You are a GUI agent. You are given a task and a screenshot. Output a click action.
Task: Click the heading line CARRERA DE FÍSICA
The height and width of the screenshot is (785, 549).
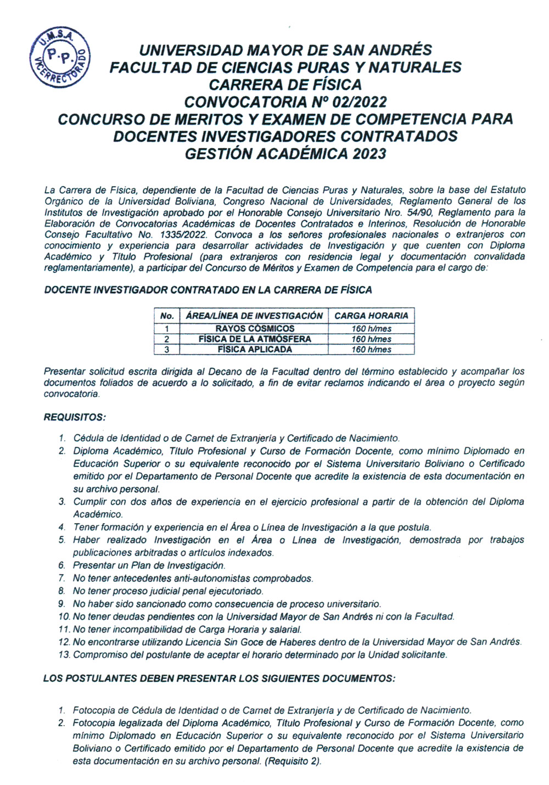click(285, 85)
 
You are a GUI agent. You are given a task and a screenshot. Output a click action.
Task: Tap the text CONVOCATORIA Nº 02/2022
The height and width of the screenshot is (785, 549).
click(285, 102)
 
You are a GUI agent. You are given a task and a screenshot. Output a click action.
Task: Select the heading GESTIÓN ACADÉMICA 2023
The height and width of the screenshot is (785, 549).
click(285, 153)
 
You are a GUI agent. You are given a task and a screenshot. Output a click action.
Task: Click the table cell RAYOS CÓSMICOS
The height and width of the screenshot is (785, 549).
click(255, 328)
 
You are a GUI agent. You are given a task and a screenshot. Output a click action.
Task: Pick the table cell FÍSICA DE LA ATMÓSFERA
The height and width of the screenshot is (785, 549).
click(255, 339)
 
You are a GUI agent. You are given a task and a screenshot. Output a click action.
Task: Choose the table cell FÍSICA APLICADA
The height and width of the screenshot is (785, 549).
click(255, 349)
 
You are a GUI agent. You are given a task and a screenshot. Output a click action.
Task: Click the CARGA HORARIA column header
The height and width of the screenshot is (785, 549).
click(371, 316)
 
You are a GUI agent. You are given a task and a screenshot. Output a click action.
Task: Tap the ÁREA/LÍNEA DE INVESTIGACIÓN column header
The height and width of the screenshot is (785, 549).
click(255, 316)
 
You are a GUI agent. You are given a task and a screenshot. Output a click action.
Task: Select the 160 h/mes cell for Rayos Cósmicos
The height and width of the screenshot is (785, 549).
click(371, 328)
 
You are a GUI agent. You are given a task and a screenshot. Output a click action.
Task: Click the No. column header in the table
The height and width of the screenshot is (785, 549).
click(167, 316)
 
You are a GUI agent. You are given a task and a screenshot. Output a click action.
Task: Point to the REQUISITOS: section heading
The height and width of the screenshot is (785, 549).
click(74, 417)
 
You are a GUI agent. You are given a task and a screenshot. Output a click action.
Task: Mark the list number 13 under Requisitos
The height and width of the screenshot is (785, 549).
click(64, 654)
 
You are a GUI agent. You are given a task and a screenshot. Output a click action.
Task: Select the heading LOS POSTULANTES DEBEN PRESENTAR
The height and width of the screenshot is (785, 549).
click(219, 679)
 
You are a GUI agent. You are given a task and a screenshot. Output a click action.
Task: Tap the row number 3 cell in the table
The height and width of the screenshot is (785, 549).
click(167, 349)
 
